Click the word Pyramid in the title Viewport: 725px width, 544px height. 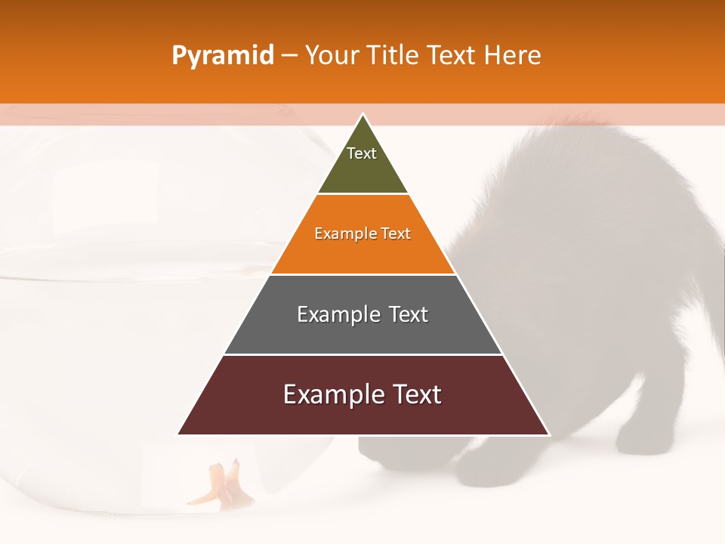click(222, 56)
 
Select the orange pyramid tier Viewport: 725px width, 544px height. click(362, 253)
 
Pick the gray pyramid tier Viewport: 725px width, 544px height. click(362, 332)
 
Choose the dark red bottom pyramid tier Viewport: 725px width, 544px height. click(362, 416)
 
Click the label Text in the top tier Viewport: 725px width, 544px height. click(362, 153)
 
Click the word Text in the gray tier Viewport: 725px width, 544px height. click(409, 314)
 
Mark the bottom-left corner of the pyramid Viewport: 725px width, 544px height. click(179, 434)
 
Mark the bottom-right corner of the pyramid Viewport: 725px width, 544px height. click(548, 434)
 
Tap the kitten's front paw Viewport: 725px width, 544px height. click(483, 468)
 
